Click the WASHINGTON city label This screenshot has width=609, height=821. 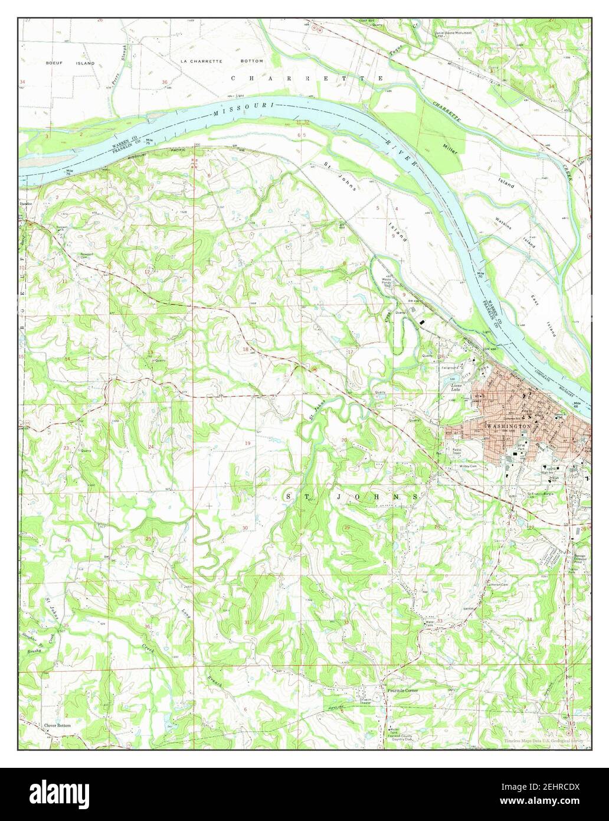coord(509,425)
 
